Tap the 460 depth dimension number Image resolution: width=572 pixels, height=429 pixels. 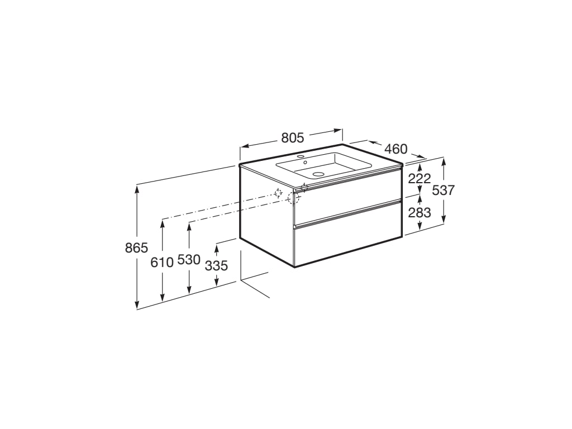pos(396,149)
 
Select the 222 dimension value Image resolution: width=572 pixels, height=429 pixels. pos(420,178)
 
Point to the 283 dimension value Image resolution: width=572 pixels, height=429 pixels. pos(420,212)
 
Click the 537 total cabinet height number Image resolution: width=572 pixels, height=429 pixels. pos(444,190)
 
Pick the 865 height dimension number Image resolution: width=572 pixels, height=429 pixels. pos(136,248)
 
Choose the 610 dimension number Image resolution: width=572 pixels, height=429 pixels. pos(162,261)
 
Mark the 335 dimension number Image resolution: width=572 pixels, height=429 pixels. pos(216,265)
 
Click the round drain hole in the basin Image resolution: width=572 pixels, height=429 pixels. pos(318,174)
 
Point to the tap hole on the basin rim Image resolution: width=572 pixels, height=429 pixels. pos(300,156)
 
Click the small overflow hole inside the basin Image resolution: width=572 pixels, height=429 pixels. pos(305,162)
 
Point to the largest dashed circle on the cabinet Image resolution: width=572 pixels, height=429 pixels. pos(294,197)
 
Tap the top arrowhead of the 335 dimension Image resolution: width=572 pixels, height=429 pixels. pos(217,246)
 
